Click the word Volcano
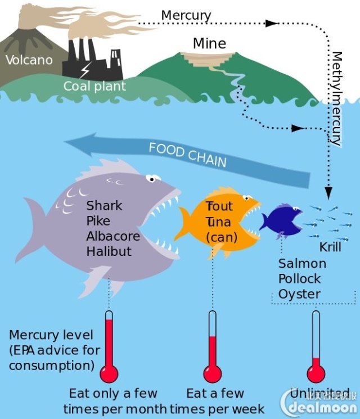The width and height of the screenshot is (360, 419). [x=29, y=60]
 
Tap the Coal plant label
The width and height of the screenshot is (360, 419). [x=94, y=86]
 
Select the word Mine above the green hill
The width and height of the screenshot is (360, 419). [x=209, y=43]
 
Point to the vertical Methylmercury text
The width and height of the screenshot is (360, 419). [x=337, y=98]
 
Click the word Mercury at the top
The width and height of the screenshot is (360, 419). [x=186, y=15]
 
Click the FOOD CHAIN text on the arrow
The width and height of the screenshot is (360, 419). [x=187, y=155]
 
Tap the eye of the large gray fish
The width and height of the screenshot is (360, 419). [x=151, y=178]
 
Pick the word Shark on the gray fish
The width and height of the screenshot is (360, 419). [x=104, y=206]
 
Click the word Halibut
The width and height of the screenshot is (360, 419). [x=109, y=251]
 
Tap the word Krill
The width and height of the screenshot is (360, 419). [x=330, y=247]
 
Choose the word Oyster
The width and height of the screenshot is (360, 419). [x=299, y=294]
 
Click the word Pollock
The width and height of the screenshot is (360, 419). [x=299, y=279]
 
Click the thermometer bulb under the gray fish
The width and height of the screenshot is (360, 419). [x=109, y=373]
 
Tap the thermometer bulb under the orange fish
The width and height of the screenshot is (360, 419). [x=212, y=373]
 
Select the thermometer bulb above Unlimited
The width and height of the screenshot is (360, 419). [x=316, y=373]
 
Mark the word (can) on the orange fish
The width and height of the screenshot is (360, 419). [x=222, y=237]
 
